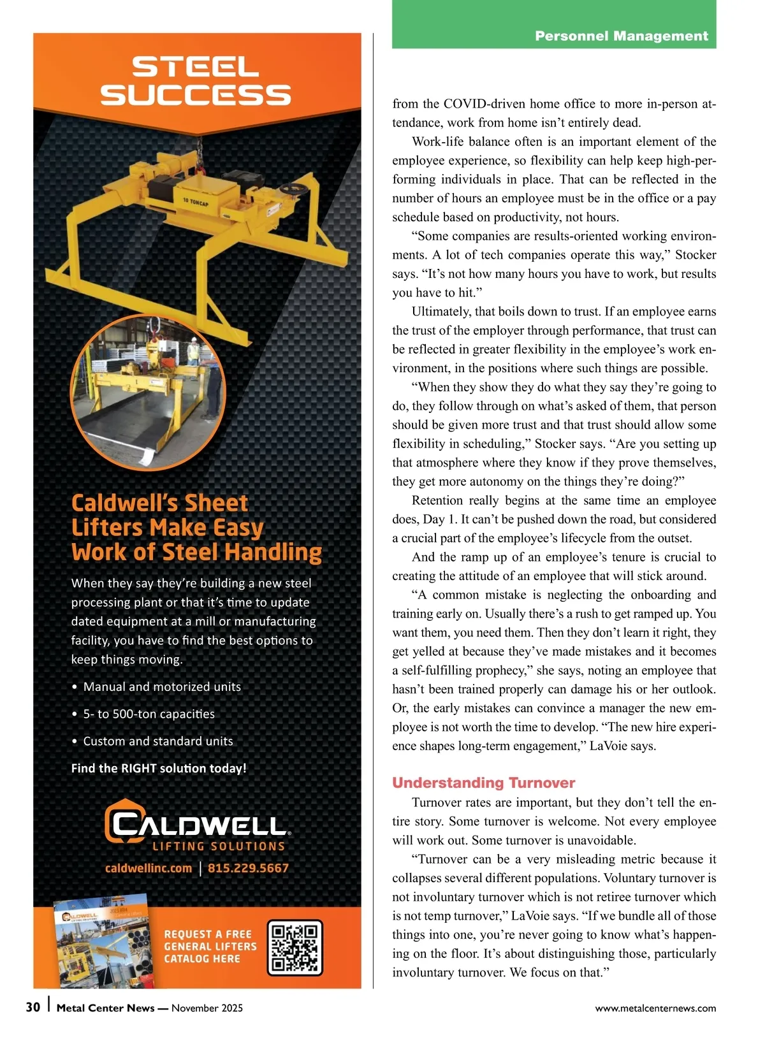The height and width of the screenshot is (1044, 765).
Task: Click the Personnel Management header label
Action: [621, 36]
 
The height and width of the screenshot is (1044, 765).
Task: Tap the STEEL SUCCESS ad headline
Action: [196, 81]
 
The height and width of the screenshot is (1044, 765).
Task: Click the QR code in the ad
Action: [295, 948]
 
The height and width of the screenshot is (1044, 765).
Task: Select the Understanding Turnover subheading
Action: [483, 783]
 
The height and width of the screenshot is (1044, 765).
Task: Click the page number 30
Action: [33, 1007]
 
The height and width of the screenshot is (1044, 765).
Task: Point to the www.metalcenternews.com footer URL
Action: [655, 1008]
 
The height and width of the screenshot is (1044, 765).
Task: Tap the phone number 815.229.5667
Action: [248, 868]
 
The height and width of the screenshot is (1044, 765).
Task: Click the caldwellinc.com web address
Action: [149, 868]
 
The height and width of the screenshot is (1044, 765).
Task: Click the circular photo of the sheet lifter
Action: [148, 391]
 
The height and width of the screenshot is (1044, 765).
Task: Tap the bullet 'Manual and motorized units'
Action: [162, 686]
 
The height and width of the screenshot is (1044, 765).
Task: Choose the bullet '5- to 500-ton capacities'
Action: [149, 714]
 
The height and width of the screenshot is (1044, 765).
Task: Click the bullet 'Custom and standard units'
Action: [158, 741]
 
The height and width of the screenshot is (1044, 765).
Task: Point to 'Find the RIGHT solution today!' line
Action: [159, 768]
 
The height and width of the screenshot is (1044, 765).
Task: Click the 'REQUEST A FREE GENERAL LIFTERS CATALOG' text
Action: [210, 946]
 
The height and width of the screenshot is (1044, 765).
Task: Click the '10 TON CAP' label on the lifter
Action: [195, 202]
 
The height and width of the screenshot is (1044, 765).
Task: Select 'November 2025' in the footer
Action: [207, 1008]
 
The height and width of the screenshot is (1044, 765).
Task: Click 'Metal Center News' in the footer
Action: [105, 1008]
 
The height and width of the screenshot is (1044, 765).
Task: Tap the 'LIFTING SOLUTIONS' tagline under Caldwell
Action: [219, 846]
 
